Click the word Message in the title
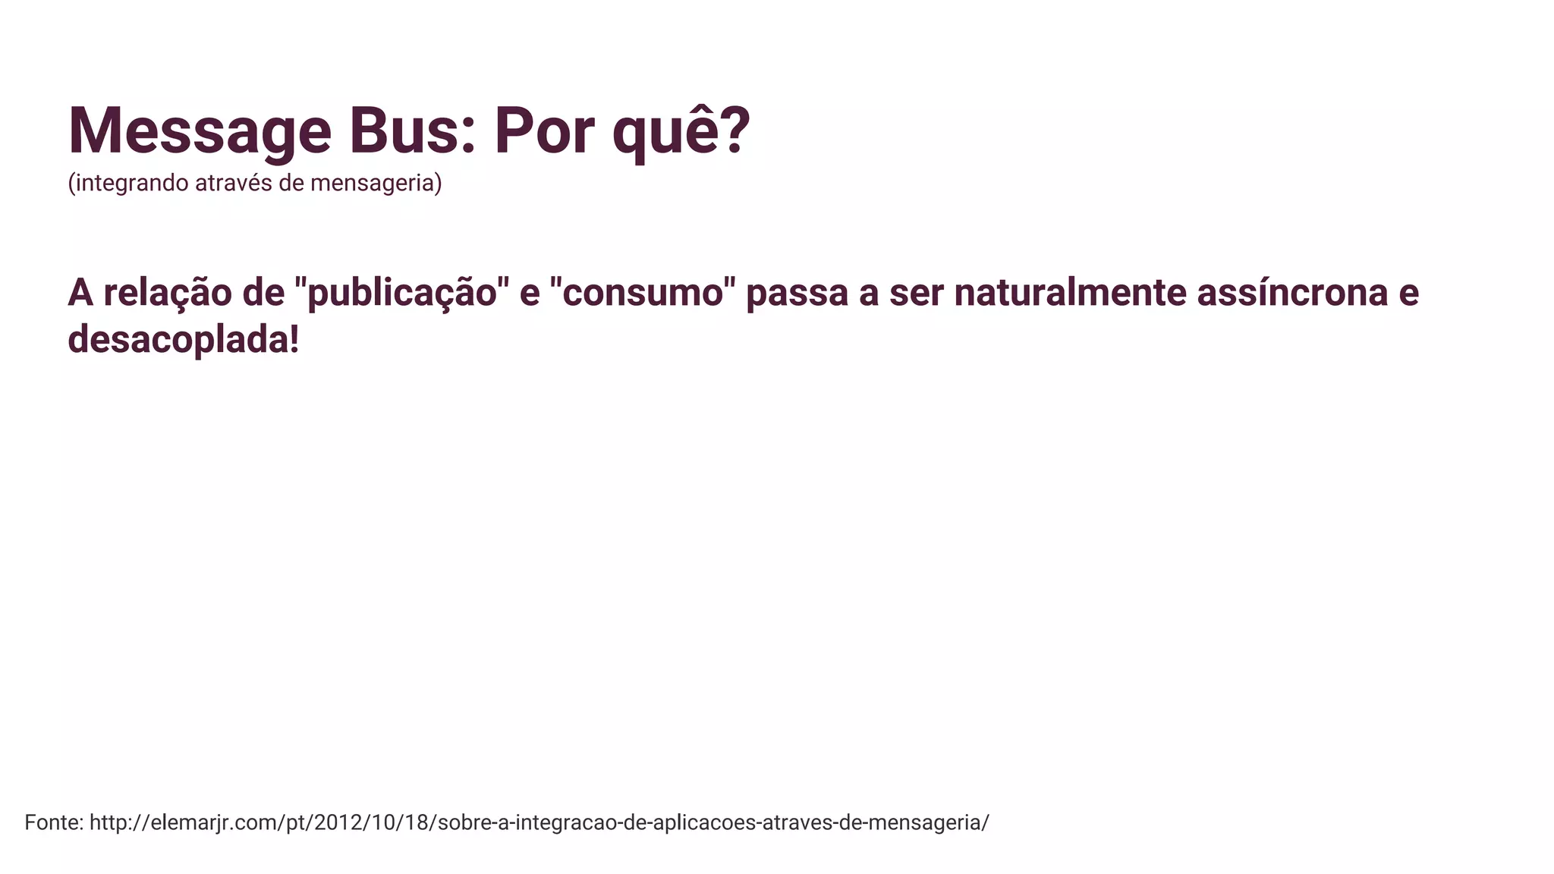[x=200, y=133]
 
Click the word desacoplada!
[x=184, y=340]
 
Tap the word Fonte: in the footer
[x=54, y=822]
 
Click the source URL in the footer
[x=539, y=822]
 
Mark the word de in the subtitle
[x=291, y=183]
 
